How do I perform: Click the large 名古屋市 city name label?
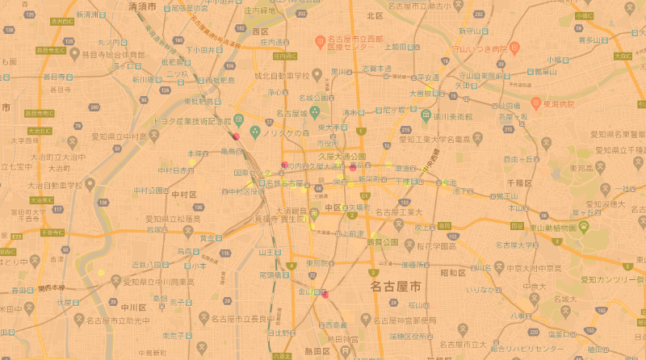point(395,287)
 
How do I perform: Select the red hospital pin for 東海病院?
point(535,103)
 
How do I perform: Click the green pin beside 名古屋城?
point(316,112)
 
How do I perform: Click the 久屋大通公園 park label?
point(342,156)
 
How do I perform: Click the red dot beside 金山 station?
point(325,295)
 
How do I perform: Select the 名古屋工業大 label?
point(400,212)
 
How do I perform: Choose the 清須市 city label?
point(144,6)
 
